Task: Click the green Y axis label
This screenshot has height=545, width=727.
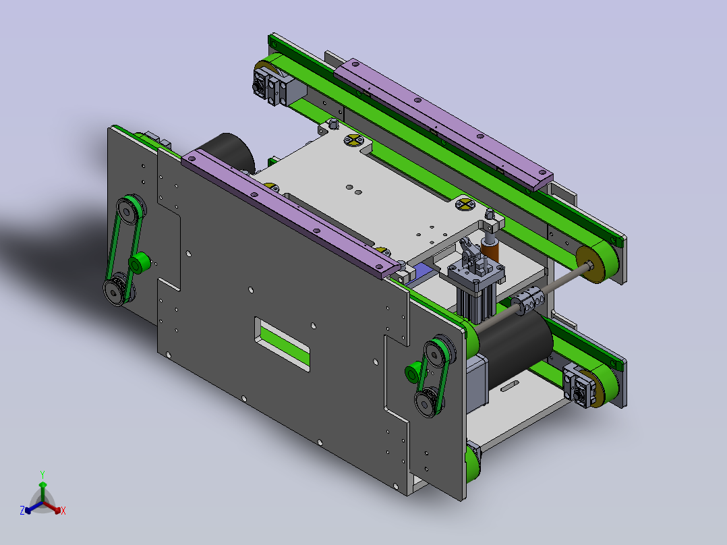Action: (42, 474)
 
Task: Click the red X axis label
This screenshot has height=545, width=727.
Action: (63, 511)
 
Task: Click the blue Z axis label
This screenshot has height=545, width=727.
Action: (22, 511)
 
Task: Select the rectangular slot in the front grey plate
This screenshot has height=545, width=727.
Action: (282, 344)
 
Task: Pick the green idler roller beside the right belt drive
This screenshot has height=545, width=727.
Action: (413, 372)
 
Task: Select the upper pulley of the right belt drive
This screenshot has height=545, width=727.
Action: (438, 353)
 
